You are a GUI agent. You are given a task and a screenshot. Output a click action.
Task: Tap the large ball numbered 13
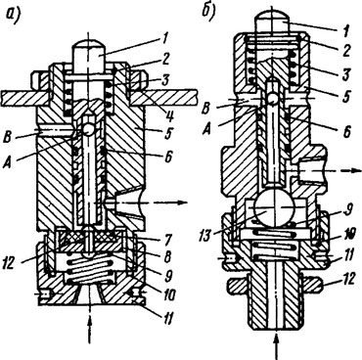coord(276,207)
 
